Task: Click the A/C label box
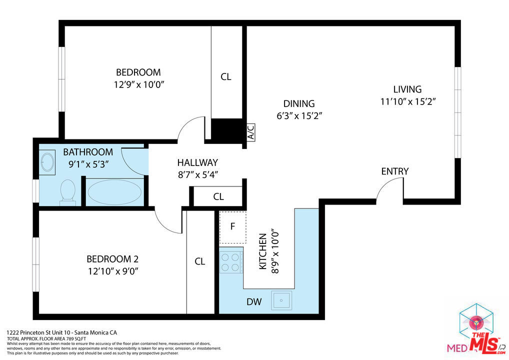point(251,132)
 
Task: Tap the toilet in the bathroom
point(67,192)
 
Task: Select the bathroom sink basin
point(48,162)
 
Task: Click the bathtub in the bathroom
point(114,192)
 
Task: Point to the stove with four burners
point(231,262)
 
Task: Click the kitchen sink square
point(281,300)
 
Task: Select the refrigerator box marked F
point(233,227)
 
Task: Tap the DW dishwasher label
point(254,302)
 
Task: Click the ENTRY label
point(394,171)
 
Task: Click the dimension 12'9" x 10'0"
point(139,84)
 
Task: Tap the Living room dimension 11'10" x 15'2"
point(407,101)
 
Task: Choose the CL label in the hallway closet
point(218,196)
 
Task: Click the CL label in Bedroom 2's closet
point(199,261)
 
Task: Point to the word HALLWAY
point(197,162)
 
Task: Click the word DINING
point(299,103)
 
